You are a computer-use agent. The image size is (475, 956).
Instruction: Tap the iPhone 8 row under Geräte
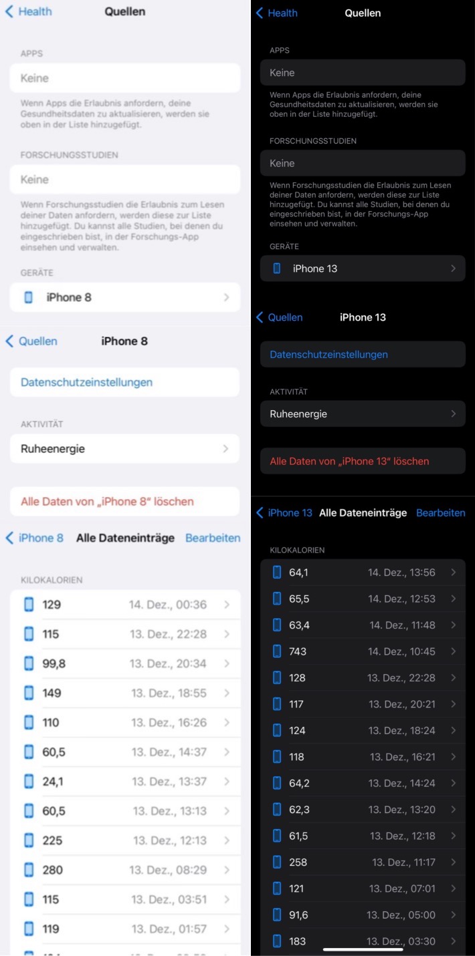coord(124,297)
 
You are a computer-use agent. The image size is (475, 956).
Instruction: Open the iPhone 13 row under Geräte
coord(363,269)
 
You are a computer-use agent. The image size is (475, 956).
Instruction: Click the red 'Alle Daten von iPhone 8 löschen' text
coord(107,502)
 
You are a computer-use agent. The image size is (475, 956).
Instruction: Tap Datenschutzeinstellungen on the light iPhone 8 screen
coord(86,382)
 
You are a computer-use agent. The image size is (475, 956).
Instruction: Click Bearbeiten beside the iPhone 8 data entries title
coord(213,538)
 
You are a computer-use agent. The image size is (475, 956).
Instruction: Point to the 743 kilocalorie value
coord(298,651)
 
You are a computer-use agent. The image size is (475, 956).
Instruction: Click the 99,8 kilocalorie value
coord(54,663)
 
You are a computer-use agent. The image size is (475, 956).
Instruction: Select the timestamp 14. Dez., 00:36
coord(168,605)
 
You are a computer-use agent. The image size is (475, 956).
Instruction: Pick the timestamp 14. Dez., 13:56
coord(401,573)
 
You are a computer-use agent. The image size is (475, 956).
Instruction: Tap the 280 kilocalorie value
coord(53,870)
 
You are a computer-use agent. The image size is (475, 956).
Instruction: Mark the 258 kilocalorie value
coord(298,862)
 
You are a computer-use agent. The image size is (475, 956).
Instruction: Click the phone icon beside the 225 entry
coord(29,840)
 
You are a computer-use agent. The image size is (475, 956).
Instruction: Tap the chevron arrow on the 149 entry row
coord(227,693)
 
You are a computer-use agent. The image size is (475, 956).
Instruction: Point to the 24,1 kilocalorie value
coord(53,782)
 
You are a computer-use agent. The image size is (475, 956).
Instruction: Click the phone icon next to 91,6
coord(277,915)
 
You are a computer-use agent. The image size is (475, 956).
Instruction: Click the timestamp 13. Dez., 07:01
coord(402,889)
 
